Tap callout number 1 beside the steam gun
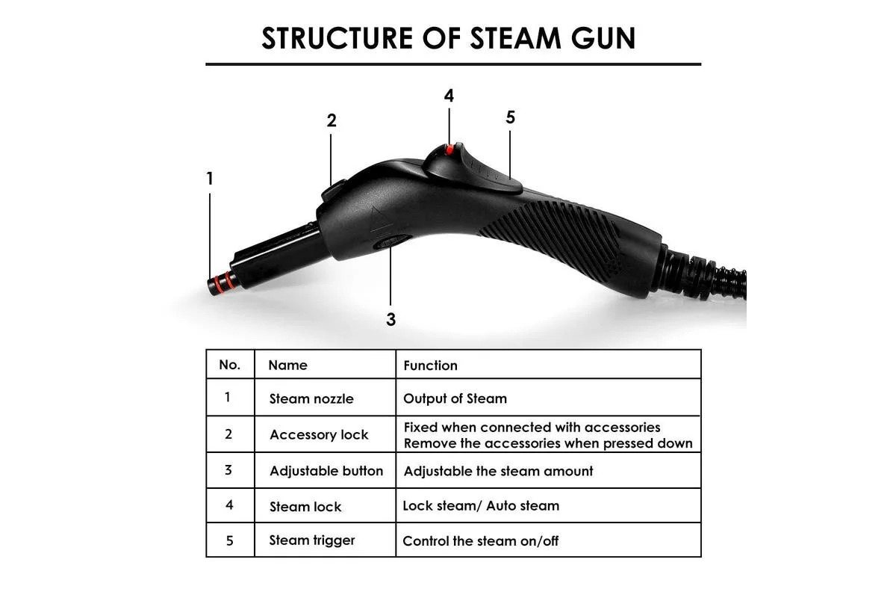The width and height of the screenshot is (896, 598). (x=210, y=179)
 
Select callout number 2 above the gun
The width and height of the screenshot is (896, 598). (x=332, y=120)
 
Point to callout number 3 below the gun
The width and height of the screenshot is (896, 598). (x=391, y=319)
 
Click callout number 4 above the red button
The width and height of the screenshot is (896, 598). (x=449, y=96)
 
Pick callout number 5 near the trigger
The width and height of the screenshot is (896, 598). (x=510, y=117)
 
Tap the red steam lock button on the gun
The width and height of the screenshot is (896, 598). (x=449, y=150)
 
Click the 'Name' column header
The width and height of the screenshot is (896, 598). (x=287, y=366)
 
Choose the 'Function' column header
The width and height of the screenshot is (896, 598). (x=430, y=366)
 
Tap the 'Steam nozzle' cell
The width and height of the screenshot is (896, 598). (x=311, y=399)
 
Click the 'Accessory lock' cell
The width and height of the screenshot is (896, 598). (x=319, y=435)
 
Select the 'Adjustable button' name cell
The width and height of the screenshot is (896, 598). (x=326, y=471)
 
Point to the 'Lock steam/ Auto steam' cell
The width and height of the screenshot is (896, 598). (x=481, y=506)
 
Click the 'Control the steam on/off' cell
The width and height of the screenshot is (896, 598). (x=480, y=541)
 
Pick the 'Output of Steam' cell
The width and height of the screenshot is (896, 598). (x=455, y=398)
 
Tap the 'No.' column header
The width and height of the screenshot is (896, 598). (x=229, y=365)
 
